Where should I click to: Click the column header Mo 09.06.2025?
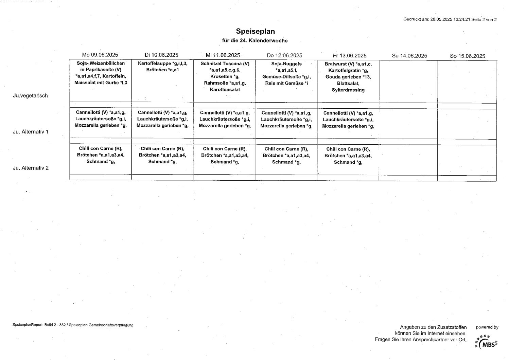pos(100,55)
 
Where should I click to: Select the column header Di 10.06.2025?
pos(161,55)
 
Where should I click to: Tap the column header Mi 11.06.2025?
pos(223,55)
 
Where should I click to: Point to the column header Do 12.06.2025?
pos(284,55)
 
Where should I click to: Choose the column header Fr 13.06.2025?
pos(350,56)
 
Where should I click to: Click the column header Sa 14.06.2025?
pos(409,56)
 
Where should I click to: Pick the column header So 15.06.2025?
pos(468,56)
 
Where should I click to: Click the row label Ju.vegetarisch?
pos(30,96)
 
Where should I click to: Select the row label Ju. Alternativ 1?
pos(31,132)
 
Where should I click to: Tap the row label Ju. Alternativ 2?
pos(31,168)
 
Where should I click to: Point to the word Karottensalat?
pos(225,90)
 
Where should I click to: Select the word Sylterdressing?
pos(348,90)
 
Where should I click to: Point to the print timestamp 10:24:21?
pos(461,19)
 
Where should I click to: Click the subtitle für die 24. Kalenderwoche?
pos(255,40)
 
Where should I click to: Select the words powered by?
pos(487,327)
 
